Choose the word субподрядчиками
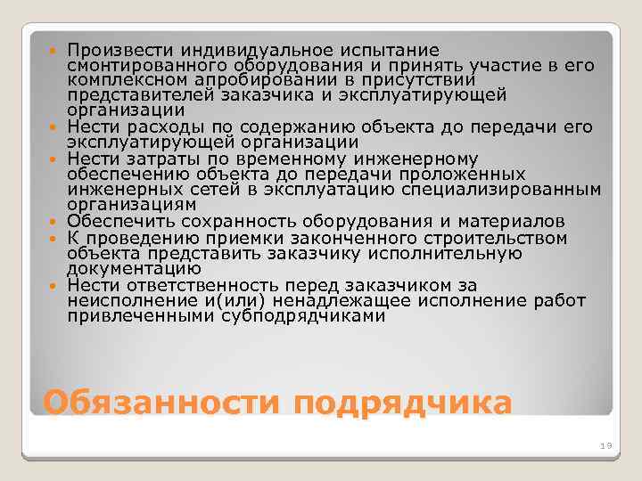(304, 316)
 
